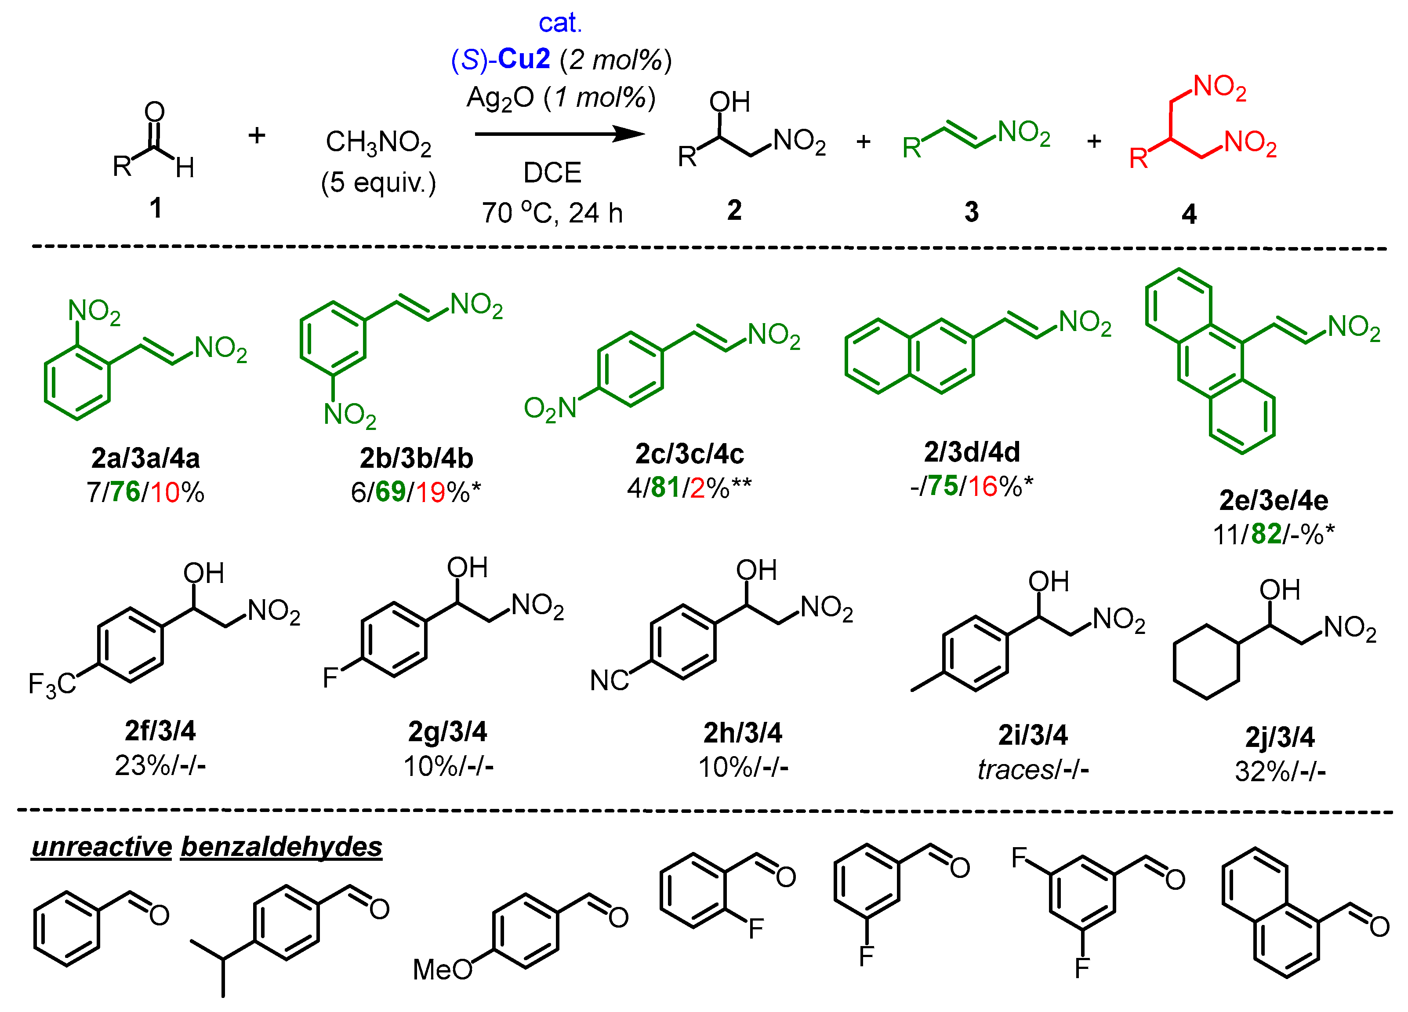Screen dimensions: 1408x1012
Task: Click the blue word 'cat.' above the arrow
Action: pos(559,24)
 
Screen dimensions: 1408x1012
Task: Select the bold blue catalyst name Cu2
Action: pos(524,59)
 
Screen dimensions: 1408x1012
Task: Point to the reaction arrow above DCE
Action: pos(559,134)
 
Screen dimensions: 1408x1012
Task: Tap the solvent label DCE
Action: pos(552,173)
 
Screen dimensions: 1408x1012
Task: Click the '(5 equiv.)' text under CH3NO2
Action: pos(379,182)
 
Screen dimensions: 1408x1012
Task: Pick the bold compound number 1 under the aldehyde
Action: pos(156,207)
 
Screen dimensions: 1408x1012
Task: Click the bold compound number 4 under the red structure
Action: pos(1189,214)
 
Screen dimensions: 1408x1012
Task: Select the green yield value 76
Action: pos(125,492)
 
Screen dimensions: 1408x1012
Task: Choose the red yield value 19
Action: pos(430,492)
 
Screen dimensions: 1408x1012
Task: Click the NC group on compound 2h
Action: pos(609,681)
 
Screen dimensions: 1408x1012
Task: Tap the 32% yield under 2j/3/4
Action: pos(1255,772)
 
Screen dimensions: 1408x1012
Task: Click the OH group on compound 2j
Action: pos(1280,590)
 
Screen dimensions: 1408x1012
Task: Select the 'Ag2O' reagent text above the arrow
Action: pos(501,98)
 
